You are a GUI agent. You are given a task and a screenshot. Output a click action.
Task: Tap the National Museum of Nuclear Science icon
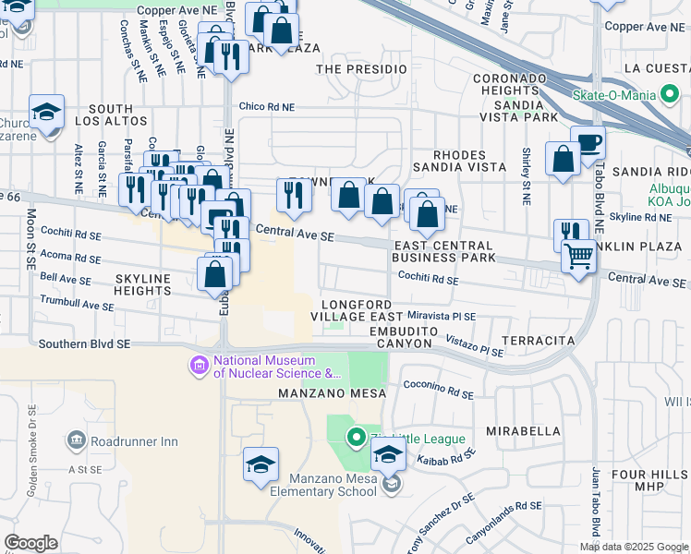[199, 367]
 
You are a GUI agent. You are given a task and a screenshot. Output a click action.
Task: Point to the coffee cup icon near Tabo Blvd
[588, 143]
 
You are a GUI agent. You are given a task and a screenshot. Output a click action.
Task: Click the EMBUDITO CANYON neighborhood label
[400, 337]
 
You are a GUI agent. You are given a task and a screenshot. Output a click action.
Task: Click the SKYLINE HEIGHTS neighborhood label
[142, 284]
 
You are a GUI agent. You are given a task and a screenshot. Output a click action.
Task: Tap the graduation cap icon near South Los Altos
[46, 113]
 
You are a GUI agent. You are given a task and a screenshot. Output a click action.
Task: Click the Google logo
[30, 543]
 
